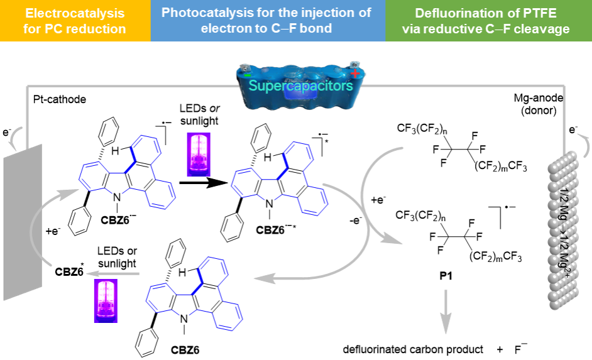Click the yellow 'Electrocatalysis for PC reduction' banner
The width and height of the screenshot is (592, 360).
tap(75, 20)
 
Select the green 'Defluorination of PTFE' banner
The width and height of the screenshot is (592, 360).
tap(488, 20)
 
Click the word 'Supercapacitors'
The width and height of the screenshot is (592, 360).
tap(300, 85)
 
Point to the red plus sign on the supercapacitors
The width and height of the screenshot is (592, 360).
tap(355, 72)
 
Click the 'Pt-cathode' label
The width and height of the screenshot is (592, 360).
tap(60, 99)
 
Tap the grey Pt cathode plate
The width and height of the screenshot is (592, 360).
tap(23, 222)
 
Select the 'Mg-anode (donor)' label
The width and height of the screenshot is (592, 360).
tap(539, 104)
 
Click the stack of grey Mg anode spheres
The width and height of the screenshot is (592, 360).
tap(563, 230)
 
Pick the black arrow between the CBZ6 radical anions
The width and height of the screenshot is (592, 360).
tap(204, 183)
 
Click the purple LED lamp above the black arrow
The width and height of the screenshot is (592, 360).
tap(199, 155)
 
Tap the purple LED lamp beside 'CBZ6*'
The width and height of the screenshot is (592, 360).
tap(106, 301)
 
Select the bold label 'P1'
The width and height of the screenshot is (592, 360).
tap(446, 276)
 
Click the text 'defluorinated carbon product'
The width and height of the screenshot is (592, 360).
tap(413, 349)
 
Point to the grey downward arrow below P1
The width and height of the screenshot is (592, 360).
tap(446, 312)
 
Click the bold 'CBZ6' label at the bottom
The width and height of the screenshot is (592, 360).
tap(185, 350)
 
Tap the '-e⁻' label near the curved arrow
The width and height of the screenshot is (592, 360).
tap(355, 220)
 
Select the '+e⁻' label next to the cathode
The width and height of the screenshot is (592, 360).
tap(53, 231)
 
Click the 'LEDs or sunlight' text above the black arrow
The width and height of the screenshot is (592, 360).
tap(199, 115)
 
